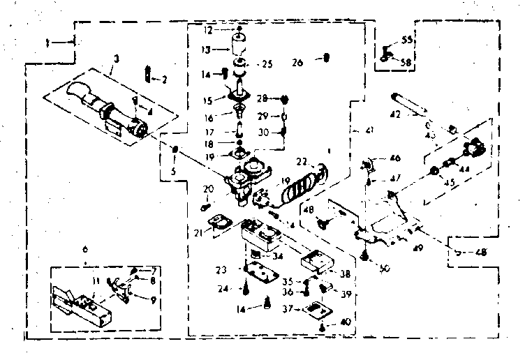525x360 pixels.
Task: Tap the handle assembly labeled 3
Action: [105, 109]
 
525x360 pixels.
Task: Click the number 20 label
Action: [207, 189]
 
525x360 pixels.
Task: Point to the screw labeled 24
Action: [247, 286]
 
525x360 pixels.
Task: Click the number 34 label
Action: [278, 256]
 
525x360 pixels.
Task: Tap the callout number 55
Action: [408, 41]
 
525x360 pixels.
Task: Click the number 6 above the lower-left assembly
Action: [84, 250]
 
